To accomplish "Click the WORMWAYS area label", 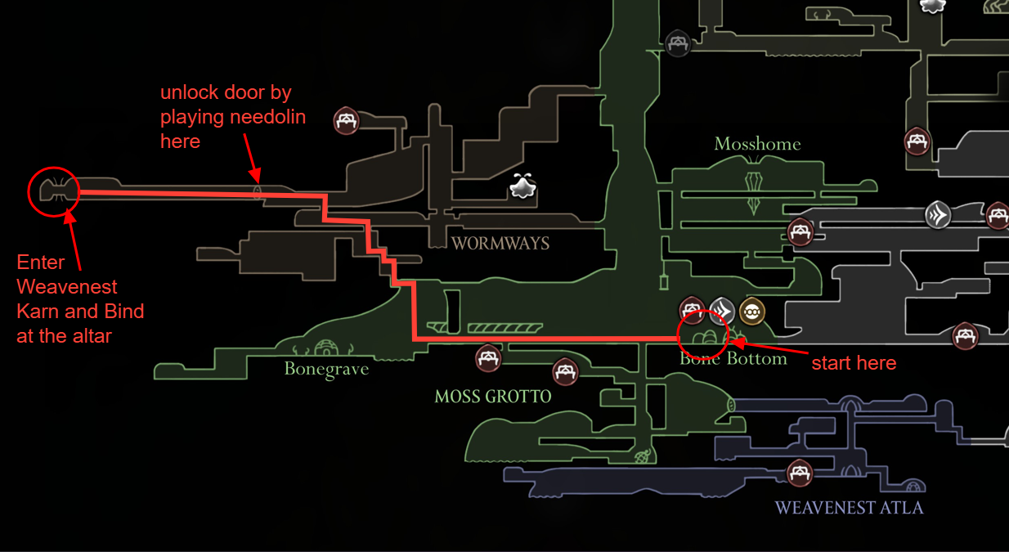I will point(500,243).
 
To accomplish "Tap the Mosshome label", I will point(757,144).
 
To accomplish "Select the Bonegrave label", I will point(326,369).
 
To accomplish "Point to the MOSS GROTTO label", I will point(493,397).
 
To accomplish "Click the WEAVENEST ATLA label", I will point(849,508).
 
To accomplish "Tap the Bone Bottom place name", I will point(733,358).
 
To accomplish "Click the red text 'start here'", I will point(854,363).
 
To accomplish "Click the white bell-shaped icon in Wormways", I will point(522,186).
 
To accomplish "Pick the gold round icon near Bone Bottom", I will point(751,311).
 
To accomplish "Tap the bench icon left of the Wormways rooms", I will point(347,121).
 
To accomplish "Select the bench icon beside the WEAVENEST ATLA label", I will point(799,473).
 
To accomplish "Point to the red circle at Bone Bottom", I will point(702,334).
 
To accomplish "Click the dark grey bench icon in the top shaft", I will point(677,43).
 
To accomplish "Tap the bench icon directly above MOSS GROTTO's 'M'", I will point(488,357).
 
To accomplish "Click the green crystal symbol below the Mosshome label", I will point(753,189).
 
